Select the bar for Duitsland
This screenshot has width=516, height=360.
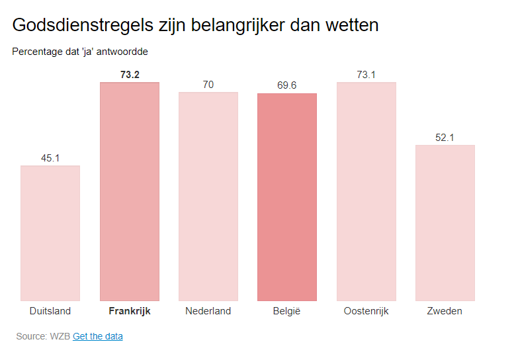tap(50, 233)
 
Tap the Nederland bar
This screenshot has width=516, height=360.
tap(208, 197)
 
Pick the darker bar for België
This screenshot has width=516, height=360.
tap(287, 197)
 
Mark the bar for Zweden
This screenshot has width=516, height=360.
tap(445, 223)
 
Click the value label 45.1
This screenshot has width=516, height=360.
tap(50, 158)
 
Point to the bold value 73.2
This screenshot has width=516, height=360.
tap(130, 75)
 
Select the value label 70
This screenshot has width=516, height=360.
tap(208, 85)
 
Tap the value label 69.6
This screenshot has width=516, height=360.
tap(287, 86)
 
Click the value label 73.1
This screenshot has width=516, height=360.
tap(366, 75)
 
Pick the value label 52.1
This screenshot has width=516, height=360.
tap(445, 138)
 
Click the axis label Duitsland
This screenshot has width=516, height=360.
tap(50, 311)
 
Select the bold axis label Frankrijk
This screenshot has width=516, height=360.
tap(130, 311)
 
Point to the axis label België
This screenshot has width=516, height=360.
tap(287, 311)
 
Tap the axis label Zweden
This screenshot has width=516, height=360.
tap(445, 311)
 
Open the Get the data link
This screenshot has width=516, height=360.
tap(98, 336)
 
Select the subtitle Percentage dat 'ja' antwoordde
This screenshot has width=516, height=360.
tap(80, 51)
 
